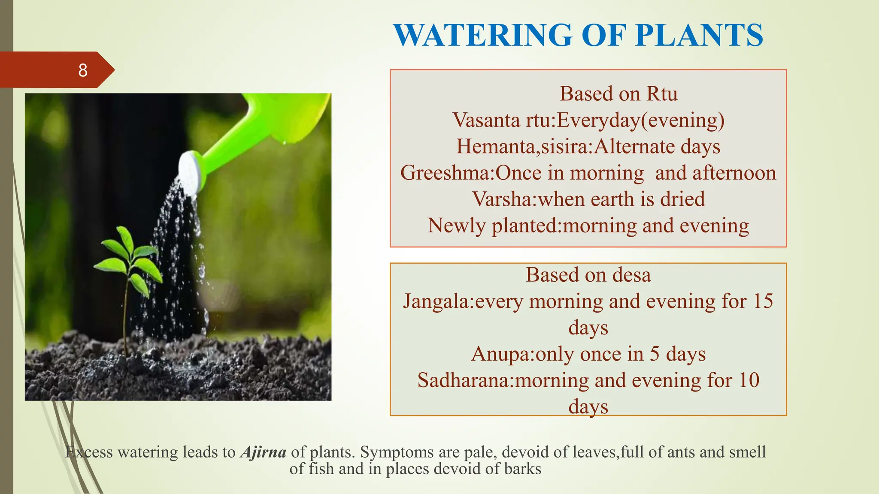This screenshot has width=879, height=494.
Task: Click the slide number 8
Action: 83,70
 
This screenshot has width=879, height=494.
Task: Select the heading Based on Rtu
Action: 618,93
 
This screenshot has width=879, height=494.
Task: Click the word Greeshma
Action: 446,173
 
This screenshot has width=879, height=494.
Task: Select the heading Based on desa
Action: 588,275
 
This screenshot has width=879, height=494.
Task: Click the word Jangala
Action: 437,301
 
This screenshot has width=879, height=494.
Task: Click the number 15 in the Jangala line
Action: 763,301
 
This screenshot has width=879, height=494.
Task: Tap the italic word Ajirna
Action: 263,452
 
